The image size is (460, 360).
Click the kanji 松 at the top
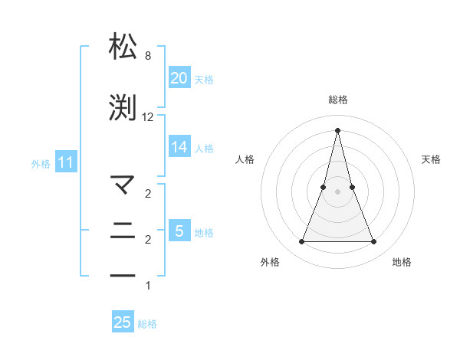point(123,47)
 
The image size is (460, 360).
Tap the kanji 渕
point(123,108)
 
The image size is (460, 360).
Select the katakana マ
point(123,185)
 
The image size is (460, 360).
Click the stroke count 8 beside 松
point(148,56)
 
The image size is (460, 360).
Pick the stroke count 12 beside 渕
point(148,117)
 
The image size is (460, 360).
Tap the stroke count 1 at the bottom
point(148,286)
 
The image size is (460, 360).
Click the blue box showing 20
point(179,78)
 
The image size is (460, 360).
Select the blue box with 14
point(179,147)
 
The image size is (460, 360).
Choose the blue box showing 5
point(179,231)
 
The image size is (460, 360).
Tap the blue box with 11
point(65,162)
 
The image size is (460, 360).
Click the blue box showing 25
point(123,323)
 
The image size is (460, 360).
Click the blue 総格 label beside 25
point(147,324)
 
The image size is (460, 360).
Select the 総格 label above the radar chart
point(337,100)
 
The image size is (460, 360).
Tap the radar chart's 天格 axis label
point(431,159)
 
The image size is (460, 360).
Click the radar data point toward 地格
point(374,242)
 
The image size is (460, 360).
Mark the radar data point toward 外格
point(301,242)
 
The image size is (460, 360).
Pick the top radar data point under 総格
point(337,129)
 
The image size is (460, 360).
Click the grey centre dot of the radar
point(337,191)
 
